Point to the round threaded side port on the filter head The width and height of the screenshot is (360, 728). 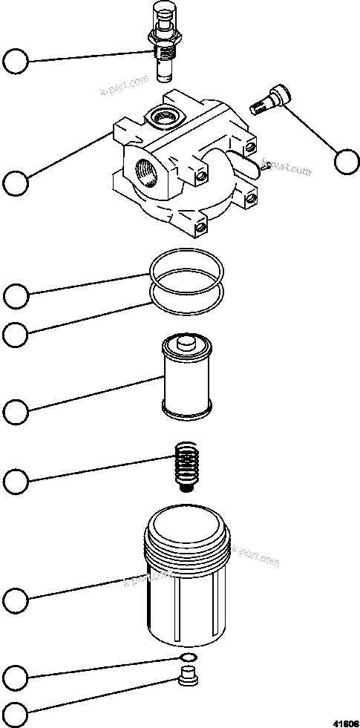(143, 169)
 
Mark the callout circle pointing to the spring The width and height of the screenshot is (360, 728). (16, 482)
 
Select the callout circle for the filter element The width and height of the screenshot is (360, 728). (16, 410)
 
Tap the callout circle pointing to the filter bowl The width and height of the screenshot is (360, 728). (16, 598)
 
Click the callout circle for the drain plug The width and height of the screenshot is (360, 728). (16, 716)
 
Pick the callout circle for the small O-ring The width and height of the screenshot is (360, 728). (16, 677)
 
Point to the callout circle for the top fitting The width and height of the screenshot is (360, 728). (16, 61)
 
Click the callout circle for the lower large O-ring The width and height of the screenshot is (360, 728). (16, 334)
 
